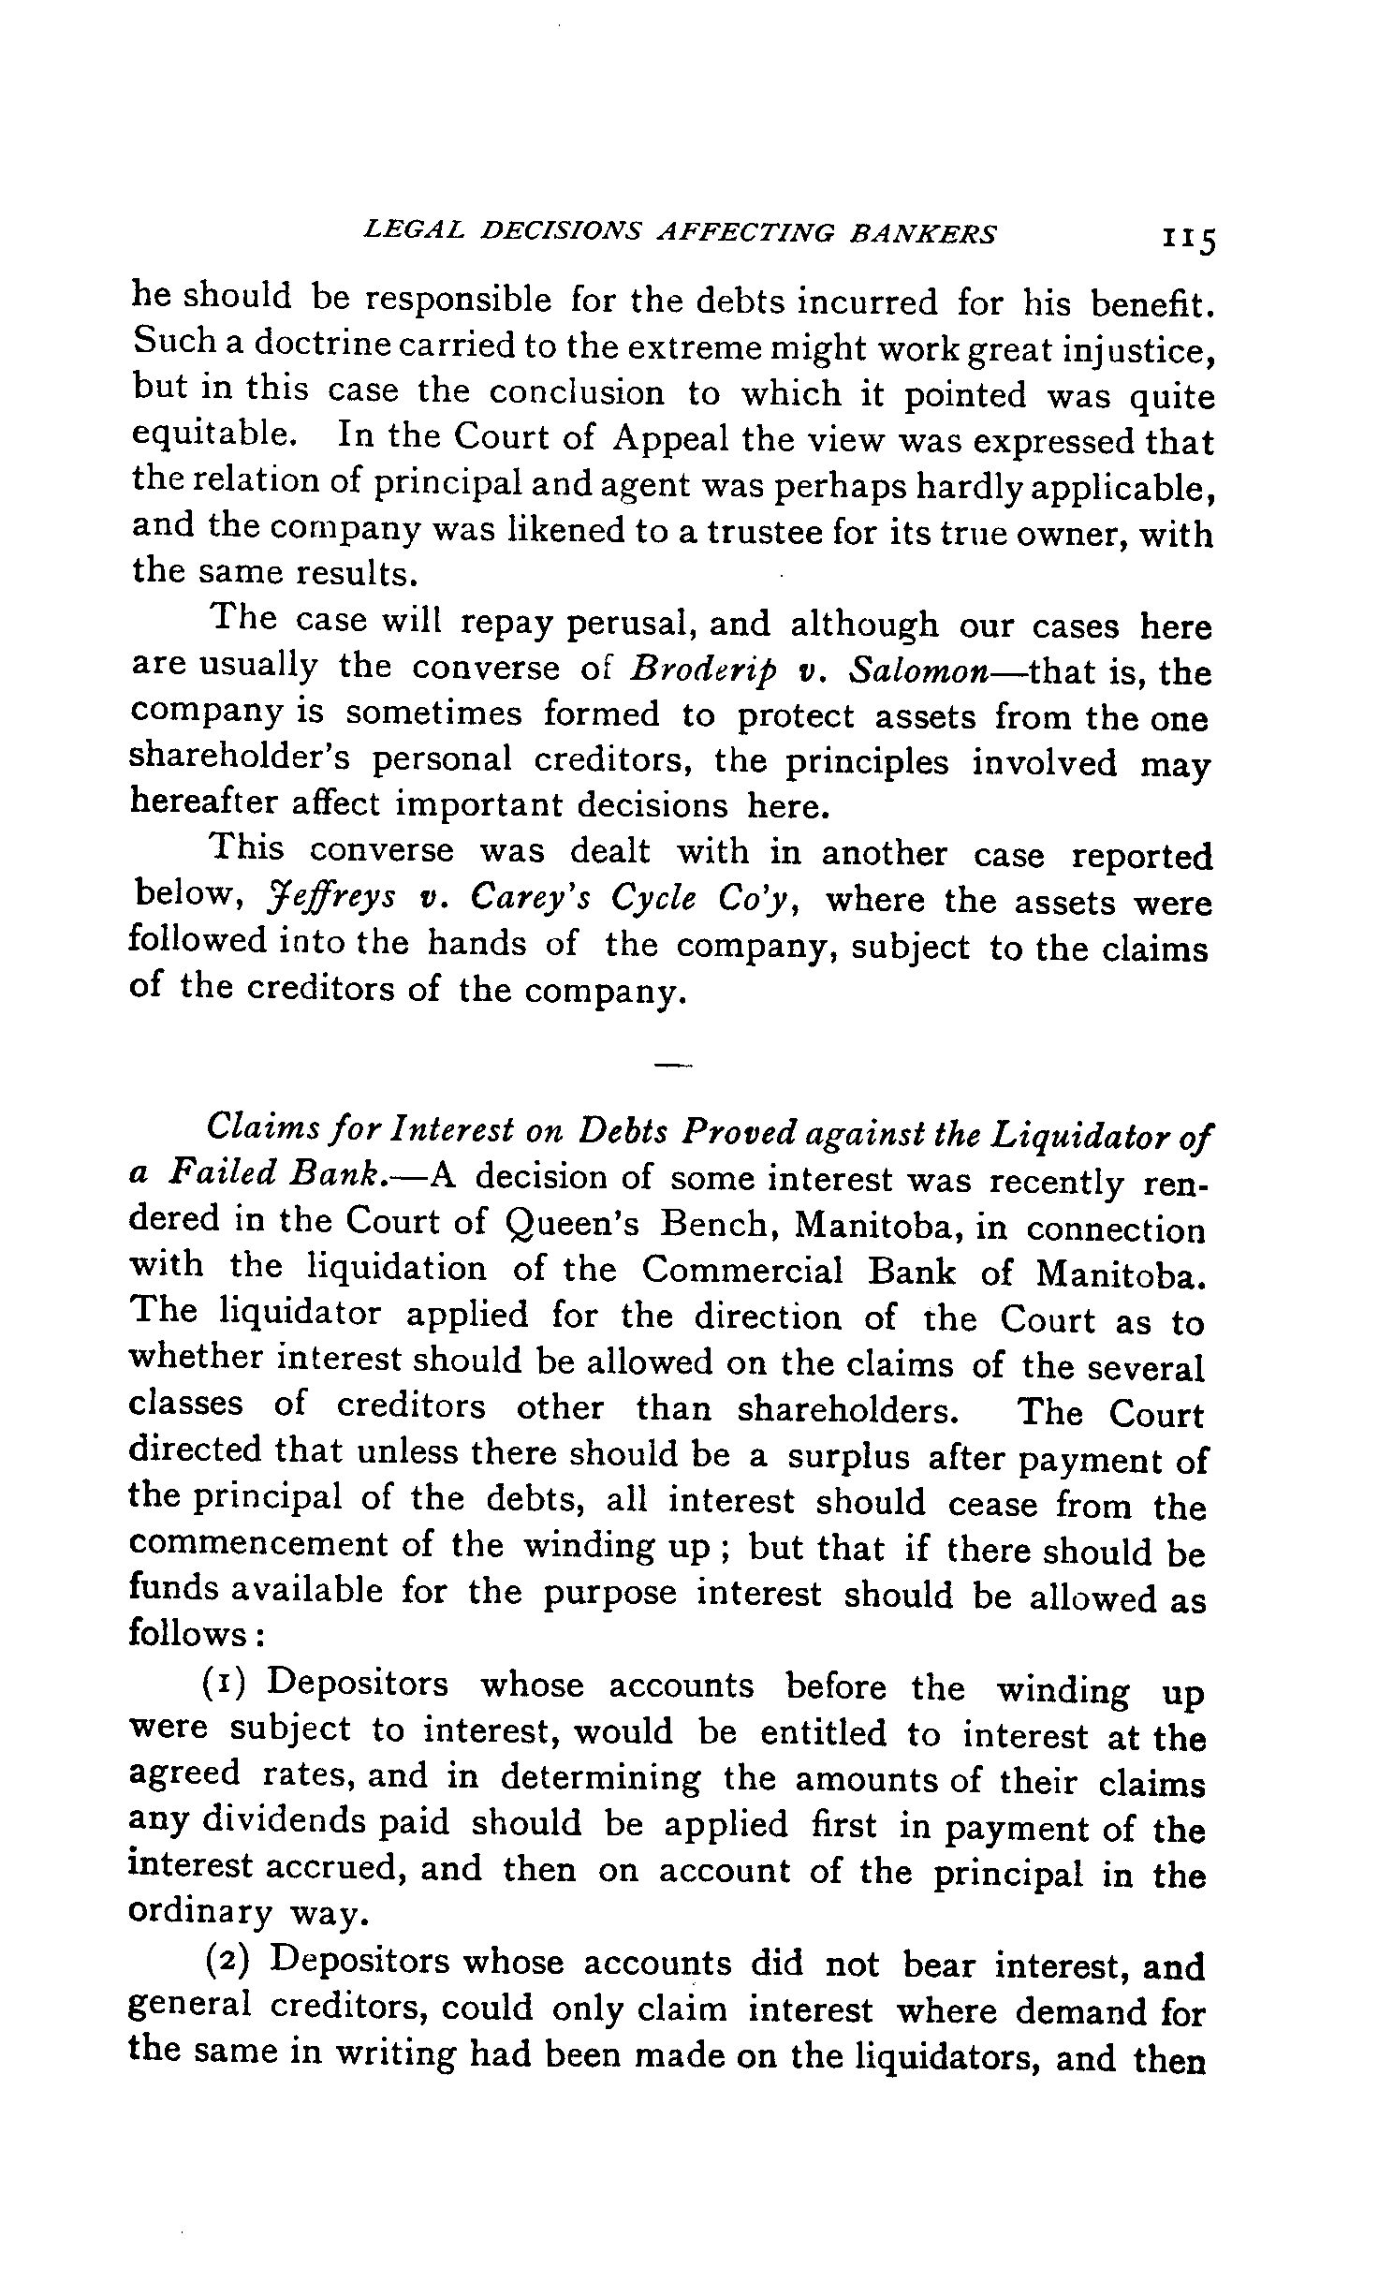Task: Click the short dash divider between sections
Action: point(672,1065)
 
